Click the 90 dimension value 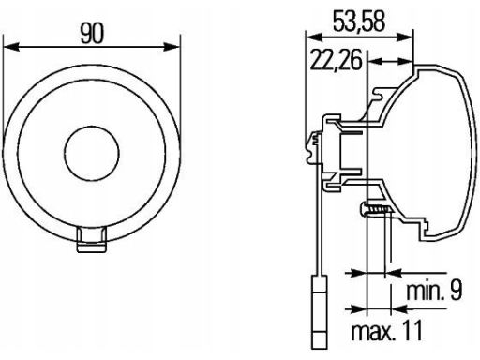92,34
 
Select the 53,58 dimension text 359,22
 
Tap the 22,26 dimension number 336,60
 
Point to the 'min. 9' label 434,291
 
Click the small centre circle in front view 92,153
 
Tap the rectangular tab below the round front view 92,240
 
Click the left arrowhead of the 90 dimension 11,47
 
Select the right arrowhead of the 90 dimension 172,47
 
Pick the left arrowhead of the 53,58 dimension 314,37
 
